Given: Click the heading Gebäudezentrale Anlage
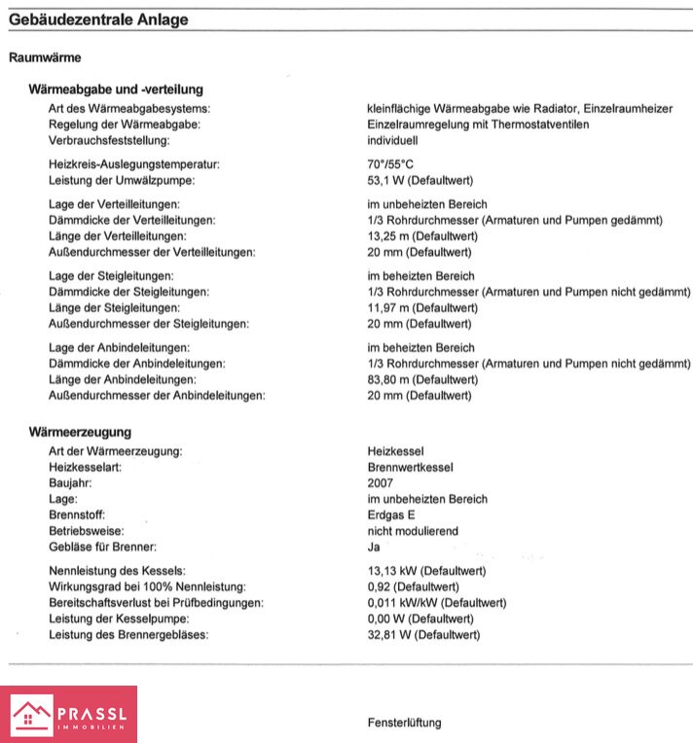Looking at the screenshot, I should point(98,19).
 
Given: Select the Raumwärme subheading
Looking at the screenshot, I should point(45,57).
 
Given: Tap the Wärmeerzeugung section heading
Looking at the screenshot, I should point(81,432).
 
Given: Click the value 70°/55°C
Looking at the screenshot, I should point(390,165).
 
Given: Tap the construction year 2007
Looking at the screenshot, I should point(381,483).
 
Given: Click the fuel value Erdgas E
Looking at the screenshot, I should point(391,514).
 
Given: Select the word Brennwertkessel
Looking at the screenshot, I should point(410,468).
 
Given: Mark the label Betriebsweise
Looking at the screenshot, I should point(86,531).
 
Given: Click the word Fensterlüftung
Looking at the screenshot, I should point(404,723).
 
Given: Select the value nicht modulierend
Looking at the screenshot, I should point(413,531).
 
